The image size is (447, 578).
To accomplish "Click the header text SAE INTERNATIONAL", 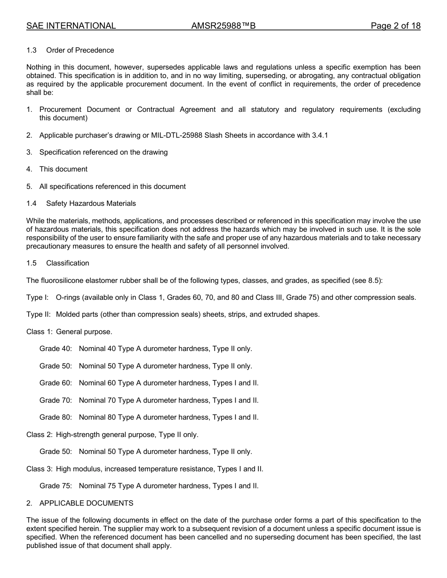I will pos(71,26).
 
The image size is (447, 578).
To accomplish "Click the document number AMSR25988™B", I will pos(223,26).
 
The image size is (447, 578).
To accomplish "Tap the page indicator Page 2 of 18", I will pos(395,26).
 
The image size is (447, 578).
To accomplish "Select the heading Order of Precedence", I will pos(80,50).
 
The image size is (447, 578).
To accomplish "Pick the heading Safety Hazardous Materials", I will pos(91,203).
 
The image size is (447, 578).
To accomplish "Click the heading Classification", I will pos(67,263).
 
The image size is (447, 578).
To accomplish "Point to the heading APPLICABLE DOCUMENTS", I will pos(86,503).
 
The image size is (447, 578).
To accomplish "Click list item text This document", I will pos(64,169).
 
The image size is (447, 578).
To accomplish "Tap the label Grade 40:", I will pos(56,349).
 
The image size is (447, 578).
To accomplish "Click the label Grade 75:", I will pos(56,486).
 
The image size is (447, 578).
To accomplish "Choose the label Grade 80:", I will pos(56,417).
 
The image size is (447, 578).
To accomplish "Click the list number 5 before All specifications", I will pos(29,187).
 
